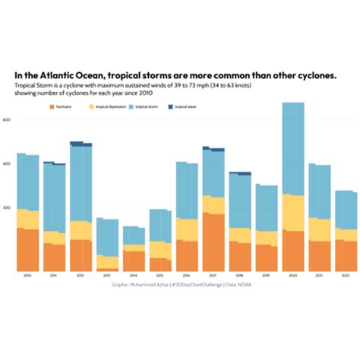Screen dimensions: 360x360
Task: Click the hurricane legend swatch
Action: pos(52,107)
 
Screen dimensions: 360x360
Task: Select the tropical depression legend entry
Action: pos(106,107)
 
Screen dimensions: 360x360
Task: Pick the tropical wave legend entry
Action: pos(181,107)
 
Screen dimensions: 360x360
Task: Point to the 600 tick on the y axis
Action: pos(6,120)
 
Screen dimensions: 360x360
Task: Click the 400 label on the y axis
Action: pos(6,164)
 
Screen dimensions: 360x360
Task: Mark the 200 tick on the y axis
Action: pos(6,207)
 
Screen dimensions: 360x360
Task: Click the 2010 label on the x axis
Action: pos(27,275)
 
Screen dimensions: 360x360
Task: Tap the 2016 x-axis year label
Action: pos(187,275)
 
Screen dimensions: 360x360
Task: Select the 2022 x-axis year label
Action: pos(346,275)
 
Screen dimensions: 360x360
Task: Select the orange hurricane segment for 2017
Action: pos(213,242)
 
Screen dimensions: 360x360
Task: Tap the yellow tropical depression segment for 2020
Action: pos(293,213)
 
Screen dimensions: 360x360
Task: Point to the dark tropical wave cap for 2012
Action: pos(81,143)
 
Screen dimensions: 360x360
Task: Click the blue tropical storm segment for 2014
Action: pos(134,235)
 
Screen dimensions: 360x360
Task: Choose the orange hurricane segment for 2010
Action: pos(27,249)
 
